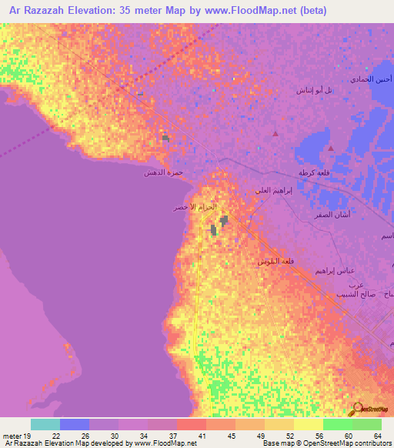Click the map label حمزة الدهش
click(x=162, y=175)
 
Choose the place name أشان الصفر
click(x=318, y=215)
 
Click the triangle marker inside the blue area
click(x=330, y=147)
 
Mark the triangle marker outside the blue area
click(x=275, y=134)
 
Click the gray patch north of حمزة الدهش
click(x=165, y=139)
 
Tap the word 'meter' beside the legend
click(x=12, y=436)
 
